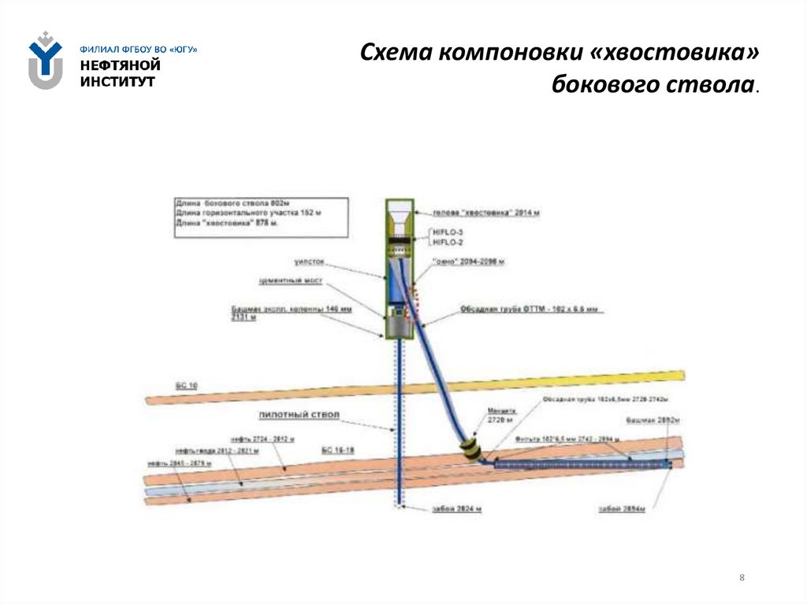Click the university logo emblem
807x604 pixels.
[45, 60]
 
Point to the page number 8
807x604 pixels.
[742, 578]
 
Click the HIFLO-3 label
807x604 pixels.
[445, 232]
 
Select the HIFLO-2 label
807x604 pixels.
[445, 242]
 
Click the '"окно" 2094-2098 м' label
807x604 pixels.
[468, 261]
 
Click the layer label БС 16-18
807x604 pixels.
[338, 450]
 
